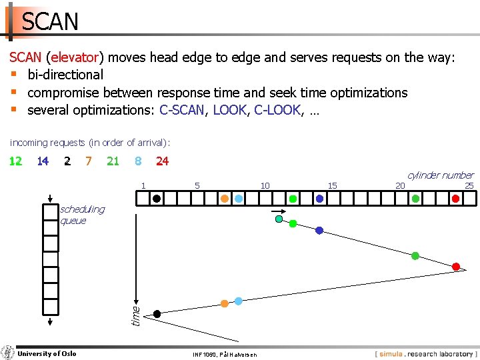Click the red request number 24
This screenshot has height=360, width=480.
162,161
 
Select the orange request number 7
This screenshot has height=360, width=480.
88,161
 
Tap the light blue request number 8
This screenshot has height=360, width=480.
137,161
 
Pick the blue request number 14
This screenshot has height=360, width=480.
43,161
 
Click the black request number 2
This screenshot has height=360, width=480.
67,161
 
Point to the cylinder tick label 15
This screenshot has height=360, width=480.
333,185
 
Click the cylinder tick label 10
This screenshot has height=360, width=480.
265,185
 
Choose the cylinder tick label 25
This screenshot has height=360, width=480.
469,185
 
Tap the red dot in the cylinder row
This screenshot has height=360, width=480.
455,198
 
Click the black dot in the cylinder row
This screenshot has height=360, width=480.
156,198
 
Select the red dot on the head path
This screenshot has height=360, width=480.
456,267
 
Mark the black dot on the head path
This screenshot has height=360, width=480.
157,313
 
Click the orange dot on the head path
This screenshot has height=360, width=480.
225,303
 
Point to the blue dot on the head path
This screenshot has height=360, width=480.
319,230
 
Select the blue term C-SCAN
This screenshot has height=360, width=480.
181,110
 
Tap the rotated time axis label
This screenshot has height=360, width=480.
135,315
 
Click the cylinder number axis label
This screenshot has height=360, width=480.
440,175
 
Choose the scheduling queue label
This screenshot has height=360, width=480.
82,215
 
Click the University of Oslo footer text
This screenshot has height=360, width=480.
47,353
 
